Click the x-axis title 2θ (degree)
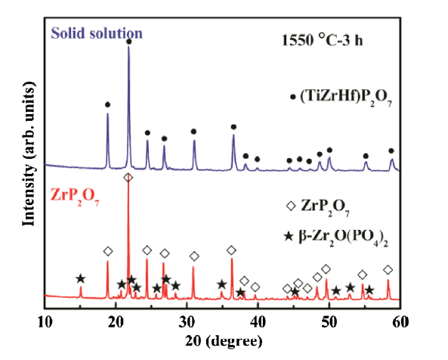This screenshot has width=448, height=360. pyautogui.click(x=223, y=342)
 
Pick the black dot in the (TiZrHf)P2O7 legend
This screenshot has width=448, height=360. pyautogui.click(x=293, y=97)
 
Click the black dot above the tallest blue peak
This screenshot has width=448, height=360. pyautogui.click(x=129, y=42)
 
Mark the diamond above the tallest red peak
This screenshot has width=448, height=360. pyautogui.click(x=128, y=177)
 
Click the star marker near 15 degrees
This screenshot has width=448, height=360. pyautogui.click(x=81, y=279)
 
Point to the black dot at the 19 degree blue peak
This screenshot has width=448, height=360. pyautogui.click(x=107, y=104)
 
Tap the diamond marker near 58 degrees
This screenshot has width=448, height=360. pyautogui.click(x=388, y=270)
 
